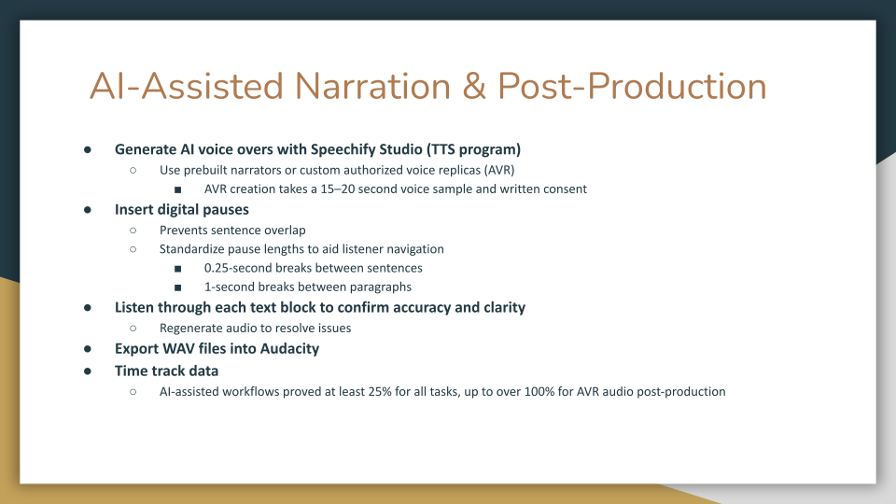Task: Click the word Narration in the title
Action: [373, 86]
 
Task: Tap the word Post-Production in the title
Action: [632, 86]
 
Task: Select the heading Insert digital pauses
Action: [182, 210]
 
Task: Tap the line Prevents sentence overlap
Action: [232, 230]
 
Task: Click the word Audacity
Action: [287, 348]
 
